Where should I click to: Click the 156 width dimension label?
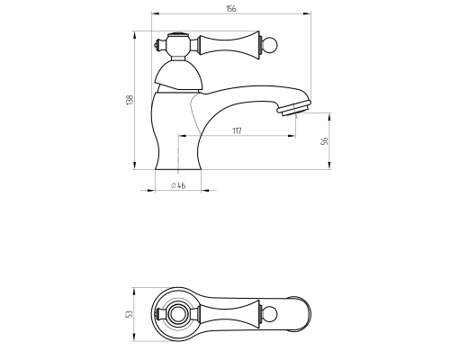click(x=230, y=9)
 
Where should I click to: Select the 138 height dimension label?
click(x=130, y=100)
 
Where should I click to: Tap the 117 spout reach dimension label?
click(x=237, y=130)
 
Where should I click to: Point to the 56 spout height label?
click(x=325, y=141)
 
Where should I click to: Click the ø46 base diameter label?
click(x=178, y=185)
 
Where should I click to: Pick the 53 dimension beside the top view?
click(x=130, y=314)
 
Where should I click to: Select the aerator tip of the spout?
click(x=293, y=108)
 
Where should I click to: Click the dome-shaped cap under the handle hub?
click(x=178, y=76)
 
